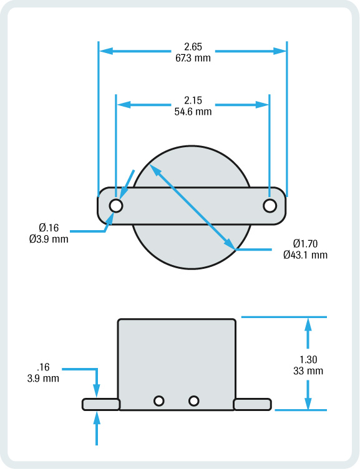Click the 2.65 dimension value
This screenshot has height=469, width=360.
193,47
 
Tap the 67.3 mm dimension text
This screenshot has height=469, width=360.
193,58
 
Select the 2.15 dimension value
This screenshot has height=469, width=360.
193,101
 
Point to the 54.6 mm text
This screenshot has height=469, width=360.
193,112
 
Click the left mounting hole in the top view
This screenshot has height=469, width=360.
116,205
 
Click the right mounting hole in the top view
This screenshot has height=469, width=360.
270,205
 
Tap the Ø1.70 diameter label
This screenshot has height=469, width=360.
304,244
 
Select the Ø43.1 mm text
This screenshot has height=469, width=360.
304,254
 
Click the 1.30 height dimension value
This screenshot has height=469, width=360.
308,360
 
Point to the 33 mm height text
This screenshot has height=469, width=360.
308,370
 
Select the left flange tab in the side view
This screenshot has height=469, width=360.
100,404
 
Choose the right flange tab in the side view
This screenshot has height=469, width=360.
253,404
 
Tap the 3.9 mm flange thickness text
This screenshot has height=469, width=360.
43,378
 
